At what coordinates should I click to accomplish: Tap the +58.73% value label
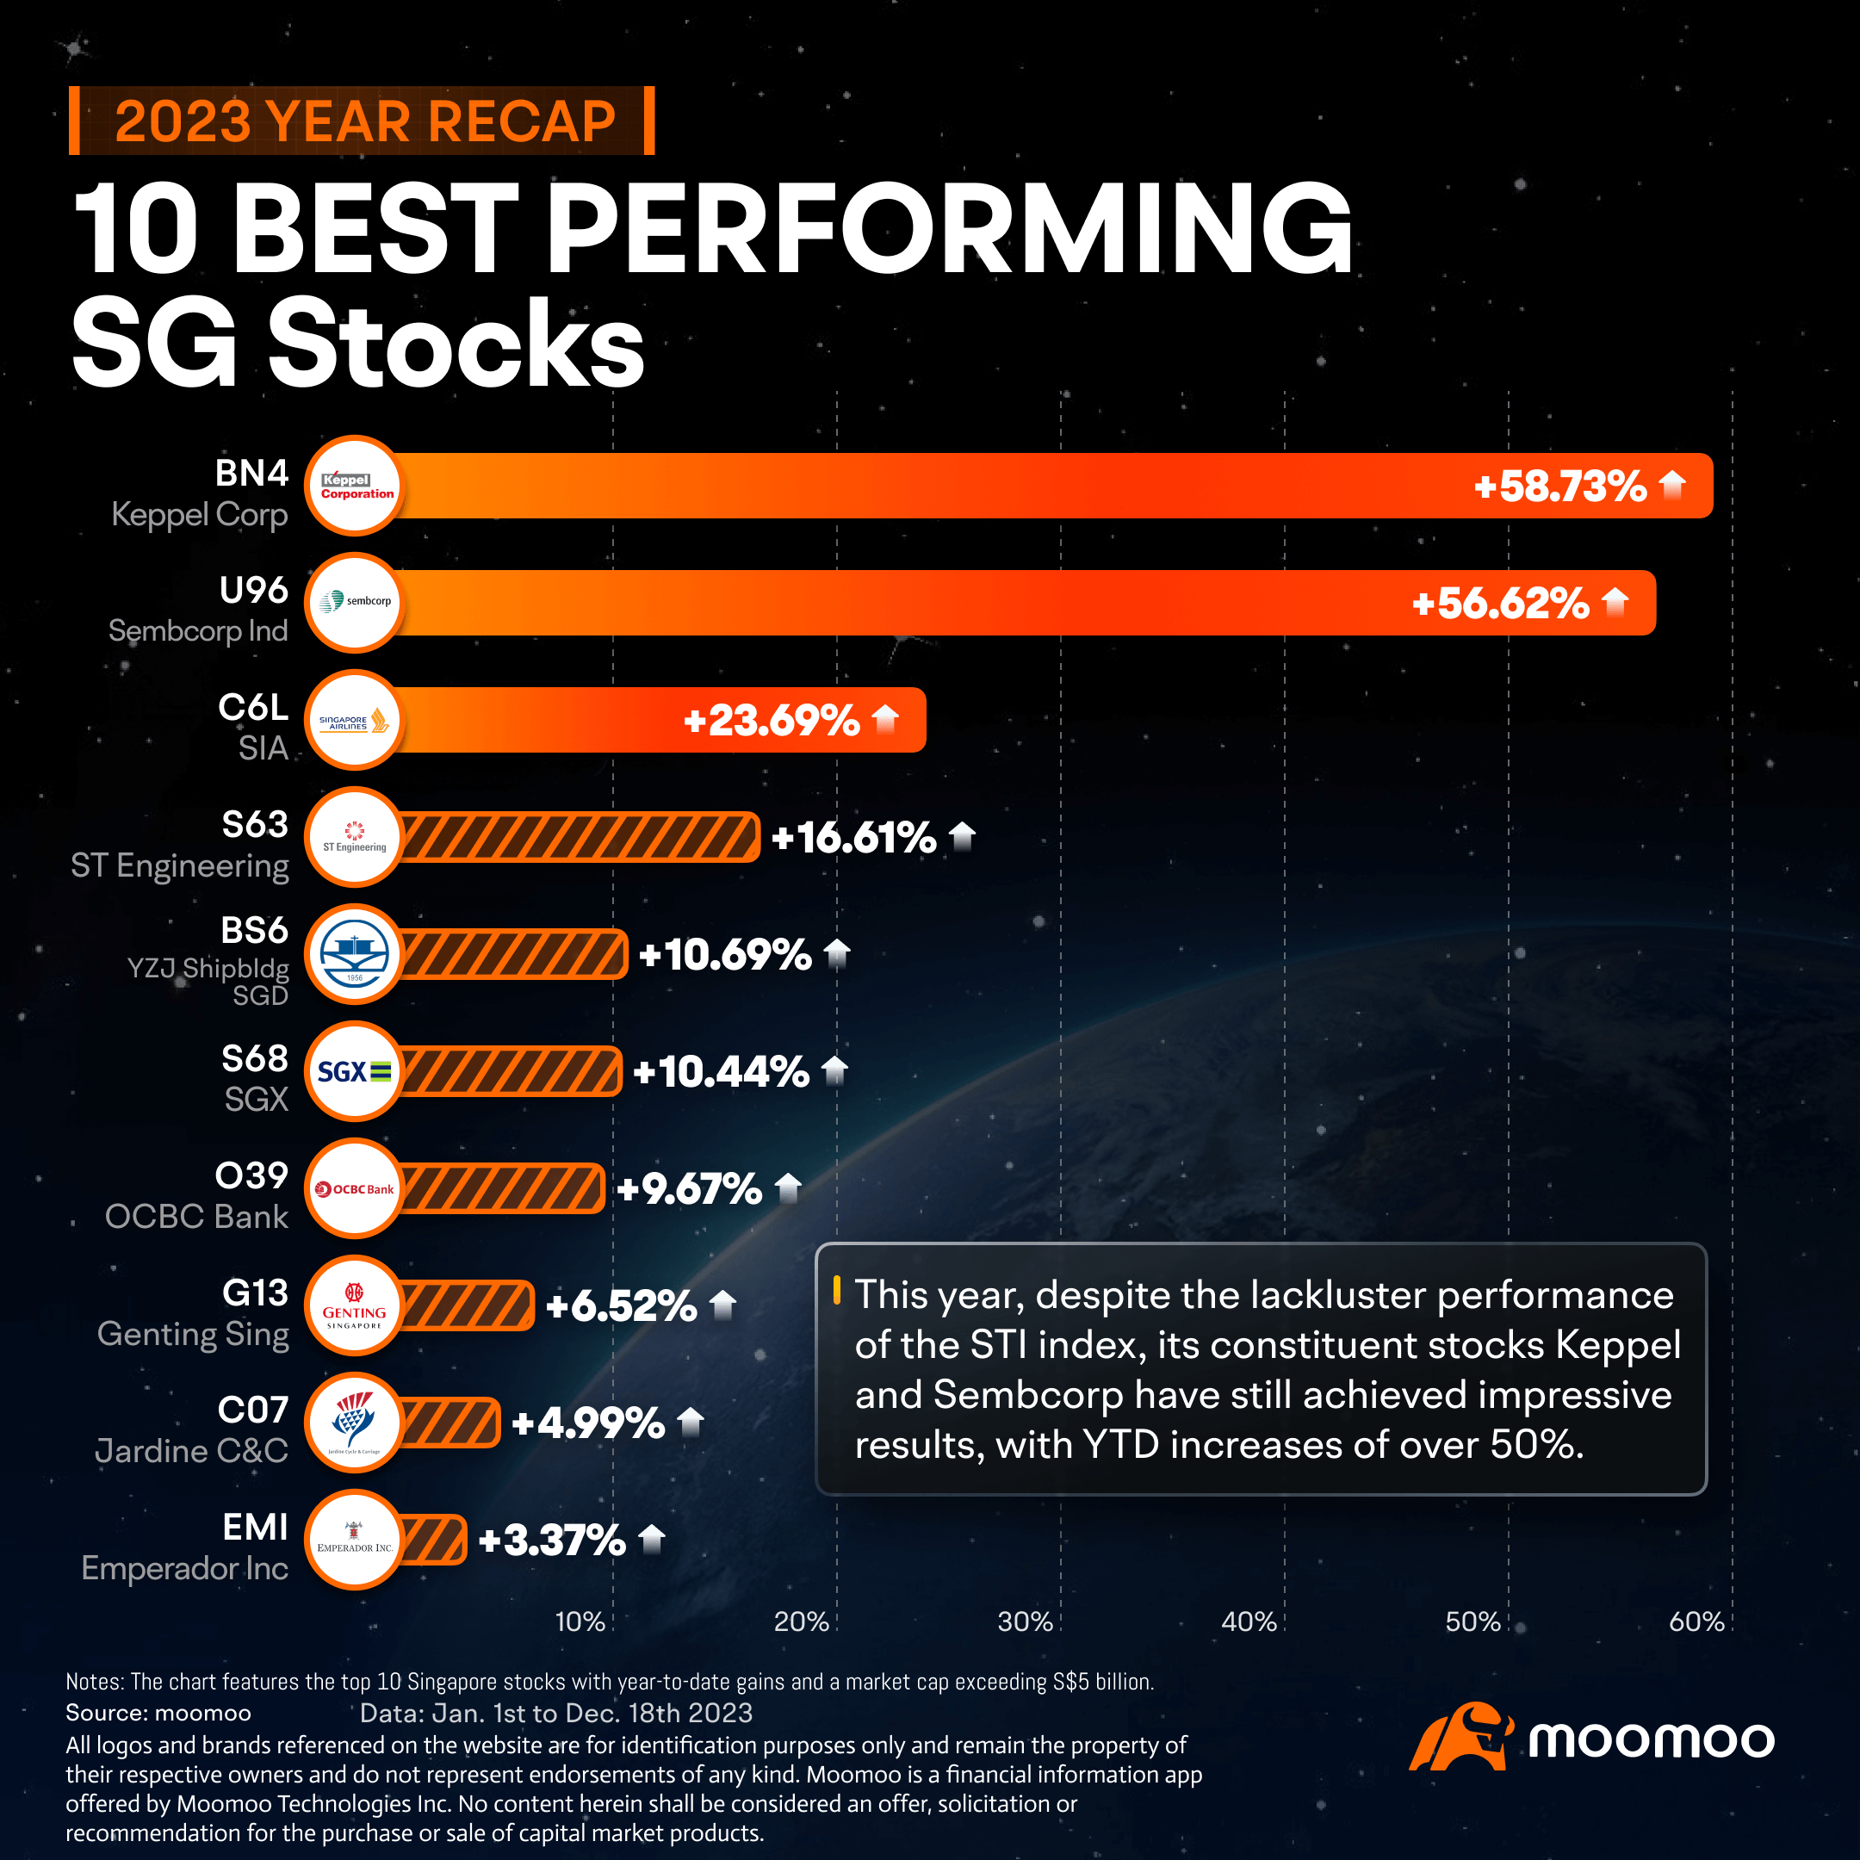click(x=1559, y=487)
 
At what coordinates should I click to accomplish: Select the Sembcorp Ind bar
click(x=963, y=603)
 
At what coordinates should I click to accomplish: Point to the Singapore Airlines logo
click(x=354, y=720)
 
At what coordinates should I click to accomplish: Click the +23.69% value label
click(x=770, y=720)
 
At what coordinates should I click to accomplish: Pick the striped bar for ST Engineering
click(x=578, y=837)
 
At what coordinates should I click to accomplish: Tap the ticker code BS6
click(x=254, y=931)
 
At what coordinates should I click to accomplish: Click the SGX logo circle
click(x=354, y=1071)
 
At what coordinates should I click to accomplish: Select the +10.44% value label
click(x=720, y=1071)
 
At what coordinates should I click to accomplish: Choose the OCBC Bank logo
click(x=354, y=1189)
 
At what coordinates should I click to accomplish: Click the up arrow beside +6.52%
click(x=723, y=1305)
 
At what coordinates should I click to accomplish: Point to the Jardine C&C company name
click(x=191, y=1451)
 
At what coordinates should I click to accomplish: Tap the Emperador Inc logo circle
click(x=354, y=1540)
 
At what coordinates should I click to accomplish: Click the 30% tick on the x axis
click(x=1026, y=1622)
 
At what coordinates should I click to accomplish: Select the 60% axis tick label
click(x=1696, y=1622)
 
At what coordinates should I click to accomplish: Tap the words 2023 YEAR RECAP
click(x=364, y=121)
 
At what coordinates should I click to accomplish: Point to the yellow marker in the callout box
click(x=837, y=1289)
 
